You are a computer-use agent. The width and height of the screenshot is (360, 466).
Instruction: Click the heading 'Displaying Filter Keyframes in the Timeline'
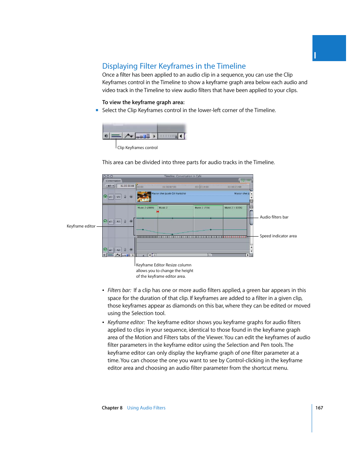point(174,66)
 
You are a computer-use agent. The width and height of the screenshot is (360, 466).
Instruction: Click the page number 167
point(319,408)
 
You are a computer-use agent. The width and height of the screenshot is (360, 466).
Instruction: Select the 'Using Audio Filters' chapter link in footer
point(146,408)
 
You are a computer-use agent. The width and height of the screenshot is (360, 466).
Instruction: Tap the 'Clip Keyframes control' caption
point(137,148)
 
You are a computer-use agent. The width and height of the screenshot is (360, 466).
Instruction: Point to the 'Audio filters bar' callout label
point(274,217)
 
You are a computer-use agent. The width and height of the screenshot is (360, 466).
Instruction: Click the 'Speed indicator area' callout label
point(278,236)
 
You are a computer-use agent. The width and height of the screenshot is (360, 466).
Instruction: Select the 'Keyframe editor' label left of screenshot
point(81,226)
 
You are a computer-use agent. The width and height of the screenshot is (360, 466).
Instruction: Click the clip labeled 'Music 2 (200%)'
point(146,208)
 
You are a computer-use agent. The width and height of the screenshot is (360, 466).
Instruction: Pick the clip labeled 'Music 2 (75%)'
point(202,208)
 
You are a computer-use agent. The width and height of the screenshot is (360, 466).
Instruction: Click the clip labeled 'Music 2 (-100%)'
point(233,208)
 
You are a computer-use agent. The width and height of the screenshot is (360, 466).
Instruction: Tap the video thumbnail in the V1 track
point(144,197)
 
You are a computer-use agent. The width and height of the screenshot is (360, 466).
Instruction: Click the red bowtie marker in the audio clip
point(158,212)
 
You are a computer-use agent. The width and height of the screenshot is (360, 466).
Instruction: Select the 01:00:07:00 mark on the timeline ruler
point(169,187)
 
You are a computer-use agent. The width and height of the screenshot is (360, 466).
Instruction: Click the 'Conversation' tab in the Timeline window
point(113,181)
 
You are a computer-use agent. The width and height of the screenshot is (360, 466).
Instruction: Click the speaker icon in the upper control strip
point(106,136)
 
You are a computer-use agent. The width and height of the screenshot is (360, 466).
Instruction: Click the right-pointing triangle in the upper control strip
point(154,136)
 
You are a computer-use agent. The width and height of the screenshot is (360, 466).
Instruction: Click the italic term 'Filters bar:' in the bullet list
point(119,290)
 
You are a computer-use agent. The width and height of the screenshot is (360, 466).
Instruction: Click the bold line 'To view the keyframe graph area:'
point(143,102)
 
